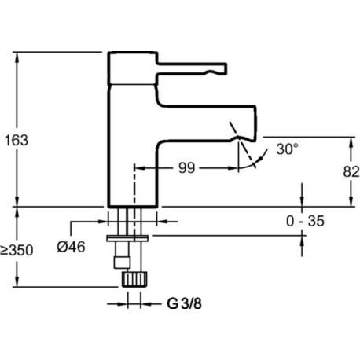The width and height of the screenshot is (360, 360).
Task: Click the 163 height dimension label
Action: coord(17,141)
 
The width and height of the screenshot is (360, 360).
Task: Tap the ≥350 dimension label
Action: coord(17,250)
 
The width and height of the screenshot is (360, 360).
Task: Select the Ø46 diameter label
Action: coord(71,247)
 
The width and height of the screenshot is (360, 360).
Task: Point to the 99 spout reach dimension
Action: coord(186,168)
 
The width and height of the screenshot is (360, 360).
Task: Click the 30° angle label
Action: coord(288,149)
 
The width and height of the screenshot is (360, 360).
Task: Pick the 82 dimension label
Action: coord(351,172)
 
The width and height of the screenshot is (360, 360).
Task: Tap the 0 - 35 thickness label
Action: coord(305,221)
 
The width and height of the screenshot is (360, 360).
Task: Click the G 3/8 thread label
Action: coord(185,304)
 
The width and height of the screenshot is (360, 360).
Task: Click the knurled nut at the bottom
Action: coord(134,279)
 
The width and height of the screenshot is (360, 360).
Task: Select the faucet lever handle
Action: coord(192,69)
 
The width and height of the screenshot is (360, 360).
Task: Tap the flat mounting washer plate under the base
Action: coord(127,238)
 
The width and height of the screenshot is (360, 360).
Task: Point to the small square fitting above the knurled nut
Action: coord(122,263)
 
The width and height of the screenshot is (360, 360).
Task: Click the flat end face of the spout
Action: coord(255,123)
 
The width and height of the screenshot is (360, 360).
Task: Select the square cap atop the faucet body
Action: coord(133,68)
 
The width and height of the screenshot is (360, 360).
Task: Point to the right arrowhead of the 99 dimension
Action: coord(233,168)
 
